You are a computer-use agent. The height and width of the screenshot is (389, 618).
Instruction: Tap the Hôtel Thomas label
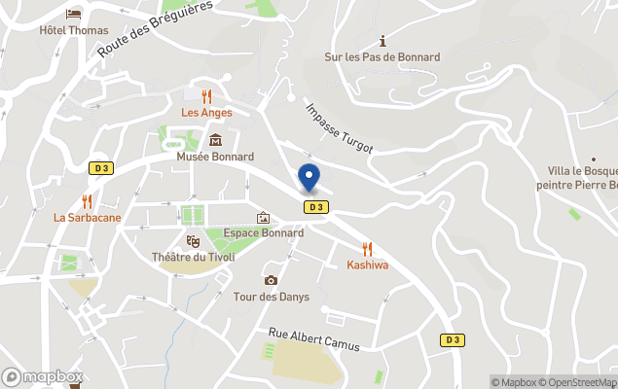[x=74, y=30]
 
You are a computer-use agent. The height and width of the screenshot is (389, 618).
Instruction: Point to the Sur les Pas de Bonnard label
[x=382, y=57]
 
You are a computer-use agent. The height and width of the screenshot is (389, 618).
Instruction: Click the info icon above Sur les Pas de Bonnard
[x=382, y=41]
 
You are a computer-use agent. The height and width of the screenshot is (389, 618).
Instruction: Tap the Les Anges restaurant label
[x=207, y=113]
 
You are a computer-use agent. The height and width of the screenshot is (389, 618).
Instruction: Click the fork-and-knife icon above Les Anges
[x=207, y=96]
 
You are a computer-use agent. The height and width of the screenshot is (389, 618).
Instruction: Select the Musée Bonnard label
[x=215, y=157]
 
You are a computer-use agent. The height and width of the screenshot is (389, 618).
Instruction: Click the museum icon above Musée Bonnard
[x=215, y=140]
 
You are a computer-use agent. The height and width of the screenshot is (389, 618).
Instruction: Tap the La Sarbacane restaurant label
[x=88, y=218]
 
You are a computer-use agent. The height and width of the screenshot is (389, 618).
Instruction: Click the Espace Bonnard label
[x=263, y=233]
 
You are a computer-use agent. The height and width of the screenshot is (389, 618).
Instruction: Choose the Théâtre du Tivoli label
[x=193, y=258]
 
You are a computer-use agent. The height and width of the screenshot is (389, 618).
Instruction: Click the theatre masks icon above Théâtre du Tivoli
[x=193, y=240]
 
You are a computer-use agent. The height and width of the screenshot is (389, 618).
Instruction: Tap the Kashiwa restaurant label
[x=367, y=265]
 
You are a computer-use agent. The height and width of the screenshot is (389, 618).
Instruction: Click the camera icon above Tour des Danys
[x=271, y=280]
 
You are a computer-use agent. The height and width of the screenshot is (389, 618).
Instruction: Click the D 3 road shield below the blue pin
[x=314, y=207]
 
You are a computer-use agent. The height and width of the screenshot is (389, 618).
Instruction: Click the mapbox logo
[x=43, y=377]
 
